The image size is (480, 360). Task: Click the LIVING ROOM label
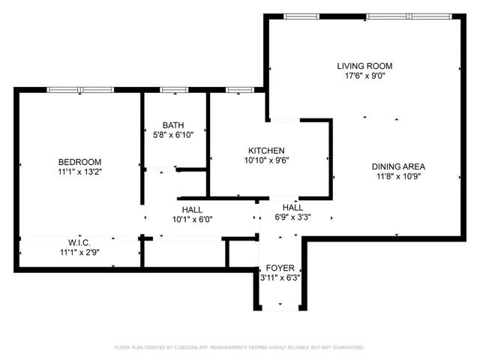click(364, 66)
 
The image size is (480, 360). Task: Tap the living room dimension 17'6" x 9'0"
click(364, 76)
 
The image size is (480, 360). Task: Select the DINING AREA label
click(399, 166)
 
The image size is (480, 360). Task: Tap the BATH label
click(173, 125)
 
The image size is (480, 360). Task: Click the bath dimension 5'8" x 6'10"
click(173, 135)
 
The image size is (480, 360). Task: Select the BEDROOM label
click(79, 162)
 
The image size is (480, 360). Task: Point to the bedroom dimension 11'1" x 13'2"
click(79, 172)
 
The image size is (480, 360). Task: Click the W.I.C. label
click(79, 242)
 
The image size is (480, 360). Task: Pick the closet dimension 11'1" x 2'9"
click(79, 252)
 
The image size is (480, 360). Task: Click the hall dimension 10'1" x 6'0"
click(192, 220)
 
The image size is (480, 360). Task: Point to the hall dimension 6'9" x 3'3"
click(292, 217)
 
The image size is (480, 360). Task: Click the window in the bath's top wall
click(173, 91)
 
